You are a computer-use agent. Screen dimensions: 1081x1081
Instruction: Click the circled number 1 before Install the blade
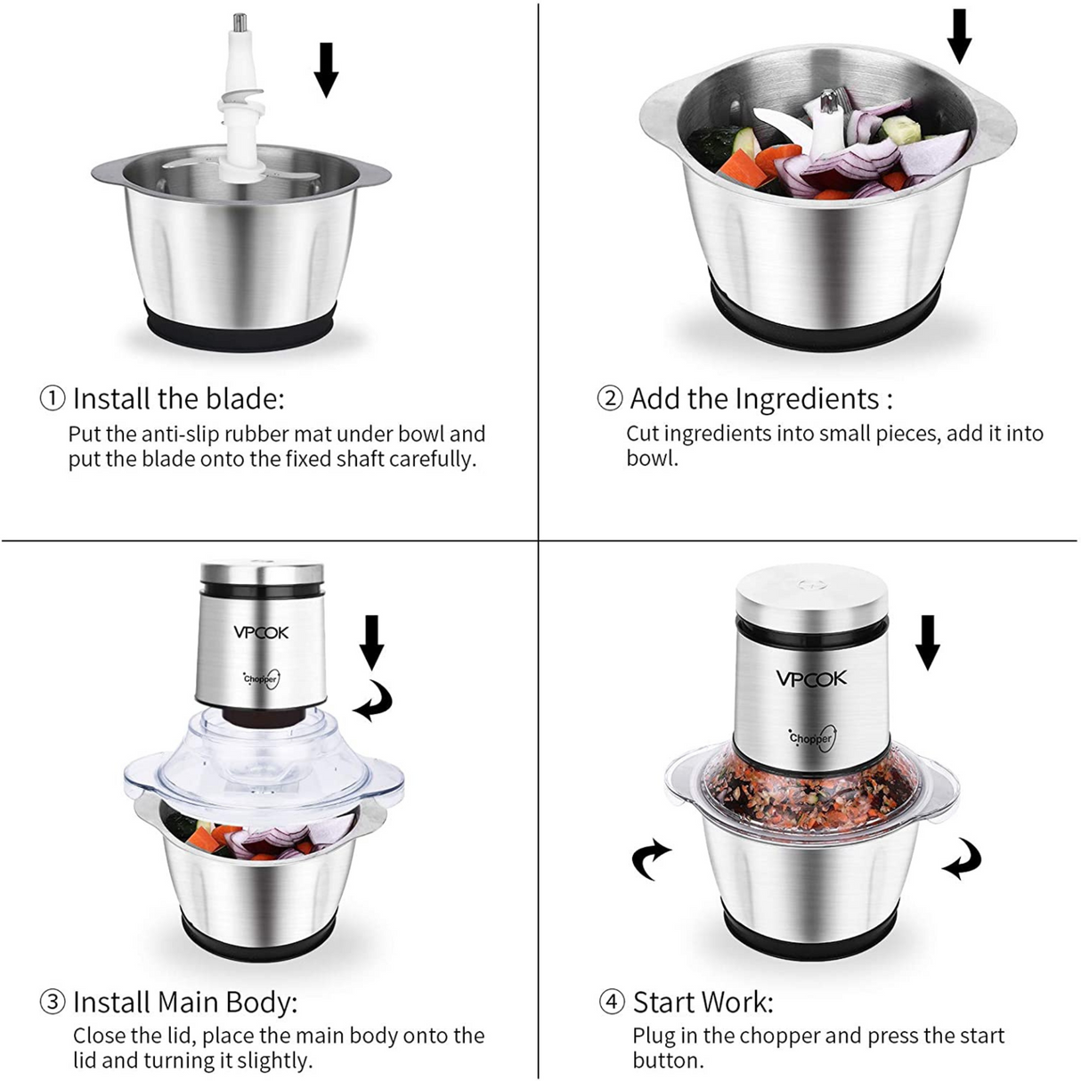pos(53,398)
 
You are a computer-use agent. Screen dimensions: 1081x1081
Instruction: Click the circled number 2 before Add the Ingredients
pos(610,398)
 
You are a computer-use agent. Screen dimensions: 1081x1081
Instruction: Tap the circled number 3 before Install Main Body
pos(53,1002)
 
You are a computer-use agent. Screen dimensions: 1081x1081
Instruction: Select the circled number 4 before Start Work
pos(612,1002)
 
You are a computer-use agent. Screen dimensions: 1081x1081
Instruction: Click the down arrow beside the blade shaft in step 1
pos(327,70)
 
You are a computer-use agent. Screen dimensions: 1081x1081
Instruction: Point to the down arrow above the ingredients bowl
pos(959,37)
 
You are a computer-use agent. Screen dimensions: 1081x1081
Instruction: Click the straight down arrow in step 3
pos(372,642)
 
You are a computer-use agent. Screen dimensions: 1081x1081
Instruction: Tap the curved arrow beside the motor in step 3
pos(374,703)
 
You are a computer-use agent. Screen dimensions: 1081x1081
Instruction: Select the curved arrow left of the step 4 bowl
pos(652,858)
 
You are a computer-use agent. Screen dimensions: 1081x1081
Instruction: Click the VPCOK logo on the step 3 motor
pos(261,632)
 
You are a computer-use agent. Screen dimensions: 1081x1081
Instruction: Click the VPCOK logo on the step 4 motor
pos(811,679)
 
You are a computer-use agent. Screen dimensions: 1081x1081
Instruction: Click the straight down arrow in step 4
pos(928,642)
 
